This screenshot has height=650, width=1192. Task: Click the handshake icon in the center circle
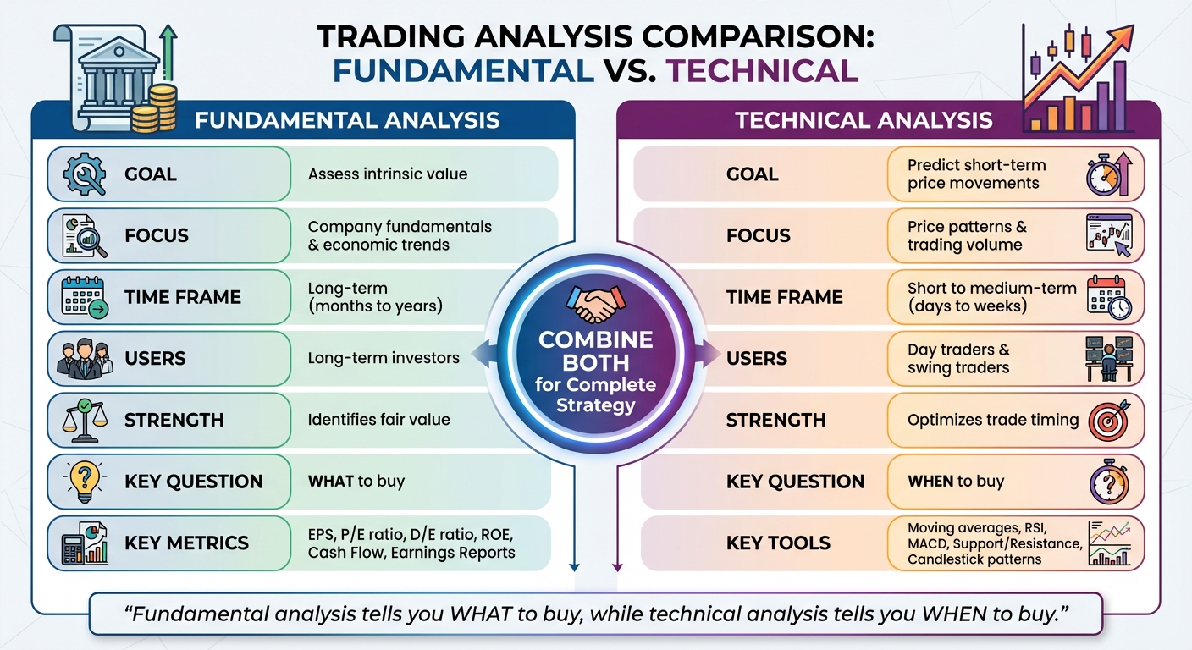pos(596,305)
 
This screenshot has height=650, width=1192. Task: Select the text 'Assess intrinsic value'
pos(387,174)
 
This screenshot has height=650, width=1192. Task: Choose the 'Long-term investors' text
pos(384,358)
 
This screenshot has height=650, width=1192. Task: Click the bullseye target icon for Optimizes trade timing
pos(1108,420)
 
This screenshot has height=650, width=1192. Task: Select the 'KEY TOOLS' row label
pos(778,543)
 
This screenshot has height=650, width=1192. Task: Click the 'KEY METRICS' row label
pos(186,543)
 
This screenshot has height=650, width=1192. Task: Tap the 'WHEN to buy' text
pos(955,481)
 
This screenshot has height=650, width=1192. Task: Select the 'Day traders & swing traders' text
pos(958,358)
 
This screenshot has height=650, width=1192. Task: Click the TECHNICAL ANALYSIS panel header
pos(864,119)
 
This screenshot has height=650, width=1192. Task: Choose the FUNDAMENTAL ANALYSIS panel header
pos(347,119)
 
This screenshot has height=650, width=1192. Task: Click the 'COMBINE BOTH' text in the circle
pos(596,351)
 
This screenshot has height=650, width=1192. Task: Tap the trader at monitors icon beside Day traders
pos(1108,358)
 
